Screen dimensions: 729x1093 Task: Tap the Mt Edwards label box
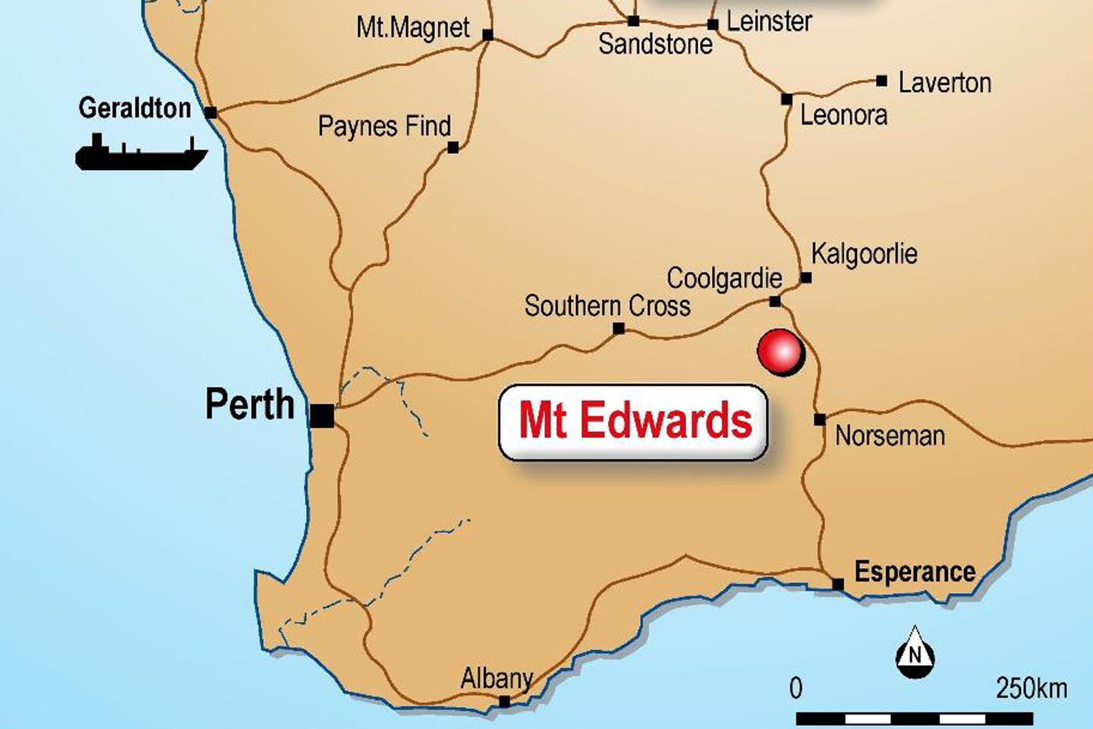click(x=633, y=421)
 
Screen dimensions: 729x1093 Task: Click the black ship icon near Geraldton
click(x=140, y=153)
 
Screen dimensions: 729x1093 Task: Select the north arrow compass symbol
click(x=915, y=652)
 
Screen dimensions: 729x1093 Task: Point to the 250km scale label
click(x=1031, y=688)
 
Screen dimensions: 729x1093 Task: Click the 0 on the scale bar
click(x=795, y=688)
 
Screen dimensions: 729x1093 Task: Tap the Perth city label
click(x=250, y=404)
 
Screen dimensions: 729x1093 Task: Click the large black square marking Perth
click(x=322, y=415)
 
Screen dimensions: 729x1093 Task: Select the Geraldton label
click(x=135, y=108)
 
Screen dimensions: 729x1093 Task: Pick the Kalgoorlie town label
click(x=864, y=254)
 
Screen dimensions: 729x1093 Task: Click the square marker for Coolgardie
click(x=774, y=301)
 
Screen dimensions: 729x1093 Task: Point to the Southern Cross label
click(x=607, y=306)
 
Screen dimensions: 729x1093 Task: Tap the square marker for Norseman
click(x=820, y=419)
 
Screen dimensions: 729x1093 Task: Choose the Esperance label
click(x=915, y=571)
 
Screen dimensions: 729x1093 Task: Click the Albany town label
click(x=496, y=677)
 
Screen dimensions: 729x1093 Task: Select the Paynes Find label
click(x=384, y=126)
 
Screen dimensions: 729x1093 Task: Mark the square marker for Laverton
click(x=881, y=80)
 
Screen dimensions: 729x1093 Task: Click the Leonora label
click(x=843, y=115)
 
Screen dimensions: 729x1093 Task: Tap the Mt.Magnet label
click(x=413, y=28)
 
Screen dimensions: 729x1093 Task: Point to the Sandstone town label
click(x=655, y=44)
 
